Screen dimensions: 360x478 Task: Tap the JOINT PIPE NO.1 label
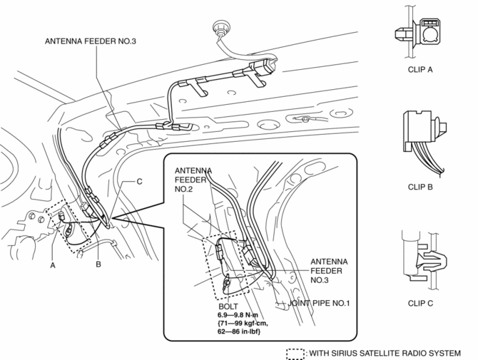coord(320,303)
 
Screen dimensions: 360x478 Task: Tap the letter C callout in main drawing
coord(139,182)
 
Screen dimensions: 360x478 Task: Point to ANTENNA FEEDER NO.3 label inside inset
coord(330,271)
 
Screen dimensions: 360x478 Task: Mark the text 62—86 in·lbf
coord(243,332)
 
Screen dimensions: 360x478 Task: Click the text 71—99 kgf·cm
coord(245,323)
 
